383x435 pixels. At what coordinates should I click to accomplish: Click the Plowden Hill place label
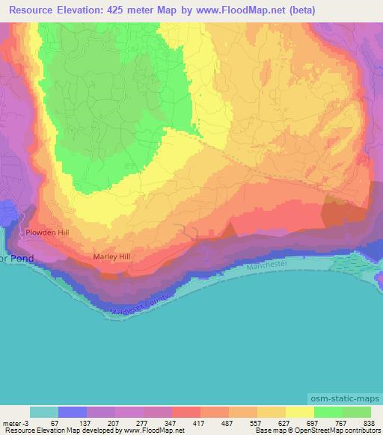point(47,232)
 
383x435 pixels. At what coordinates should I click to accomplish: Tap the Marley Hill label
point(111,257)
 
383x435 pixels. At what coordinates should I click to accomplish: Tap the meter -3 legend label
point(16,423)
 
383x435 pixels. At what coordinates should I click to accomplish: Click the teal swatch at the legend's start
point(44,412)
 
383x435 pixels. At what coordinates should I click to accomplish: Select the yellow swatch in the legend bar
point(300,412)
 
